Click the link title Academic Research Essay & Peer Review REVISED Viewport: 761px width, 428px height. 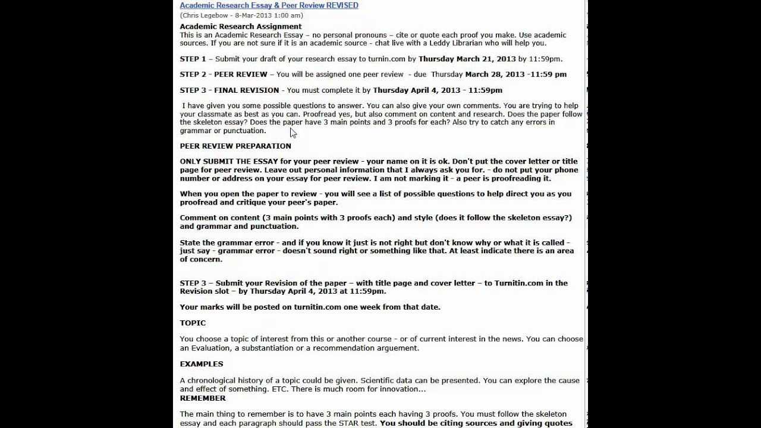(x=269, y=5)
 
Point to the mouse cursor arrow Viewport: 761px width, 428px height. (x=293, y=133)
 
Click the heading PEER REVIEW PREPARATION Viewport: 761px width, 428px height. (x=235, y=146)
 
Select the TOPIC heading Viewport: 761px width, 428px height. (x=193, y=323)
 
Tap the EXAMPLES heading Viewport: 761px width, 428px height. (x=202, y=364)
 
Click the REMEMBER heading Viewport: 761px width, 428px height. (x=203, y=398)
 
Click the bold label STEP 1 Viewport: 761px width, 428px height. (x=193, y=59)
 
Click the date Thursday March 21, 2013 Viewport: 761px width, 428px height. (x=467, y=59)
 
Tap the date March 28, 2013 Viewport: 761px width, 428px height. (x=495, y=74)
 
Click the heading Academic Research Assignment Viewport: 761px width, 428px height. (x=241, y=27)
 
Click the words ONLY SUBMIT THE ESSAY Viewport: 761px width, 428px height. (x=229, y=162)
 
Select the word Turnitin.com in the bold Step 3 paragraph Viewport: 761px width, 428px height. (x=518, y=283)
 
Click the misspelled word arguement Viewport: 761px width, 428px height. (x=397, y=348)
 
